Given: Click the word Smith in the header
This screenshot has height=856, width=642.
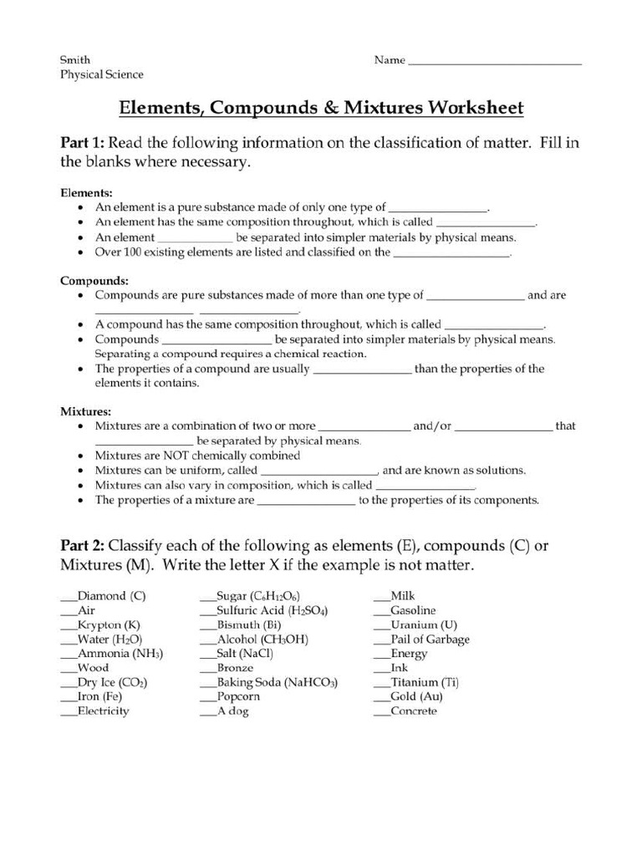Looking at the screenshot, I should click(x=75, y=60).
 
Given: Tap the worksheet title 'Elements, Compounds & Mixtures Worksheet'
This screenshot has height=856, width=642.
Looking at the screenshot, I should click(x=321, y=108).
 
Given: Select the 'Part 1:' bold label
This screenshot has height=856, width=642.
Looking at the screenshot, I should click(x=82, y=143).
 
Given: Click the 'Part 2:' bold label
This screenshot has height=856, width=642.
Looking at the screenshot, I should click(x=82, y=546).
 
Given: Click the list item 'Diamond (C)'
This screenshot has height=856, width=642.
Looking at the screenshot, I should click(x=111, y=596).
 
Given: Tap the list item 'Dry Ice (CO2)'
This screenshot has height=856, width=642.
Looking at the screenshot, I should click(x=113, y=682).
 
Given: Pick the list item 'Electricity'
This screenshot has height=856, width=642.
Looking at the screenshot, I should click(x=103, y=711).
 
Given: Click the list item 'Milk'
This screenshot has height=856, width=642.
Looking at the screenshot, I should click(x=402, y=596).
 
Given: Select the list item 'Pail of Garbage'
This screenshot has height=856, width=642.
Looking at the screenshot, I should click(x=429, y=639).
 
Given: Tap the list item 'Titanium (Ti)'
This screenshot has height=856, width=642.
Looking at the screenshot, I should click(x=424, y=682).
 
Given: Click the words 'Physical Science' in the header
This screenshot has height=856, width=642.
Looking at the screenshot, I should click(x=101, y=74).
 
